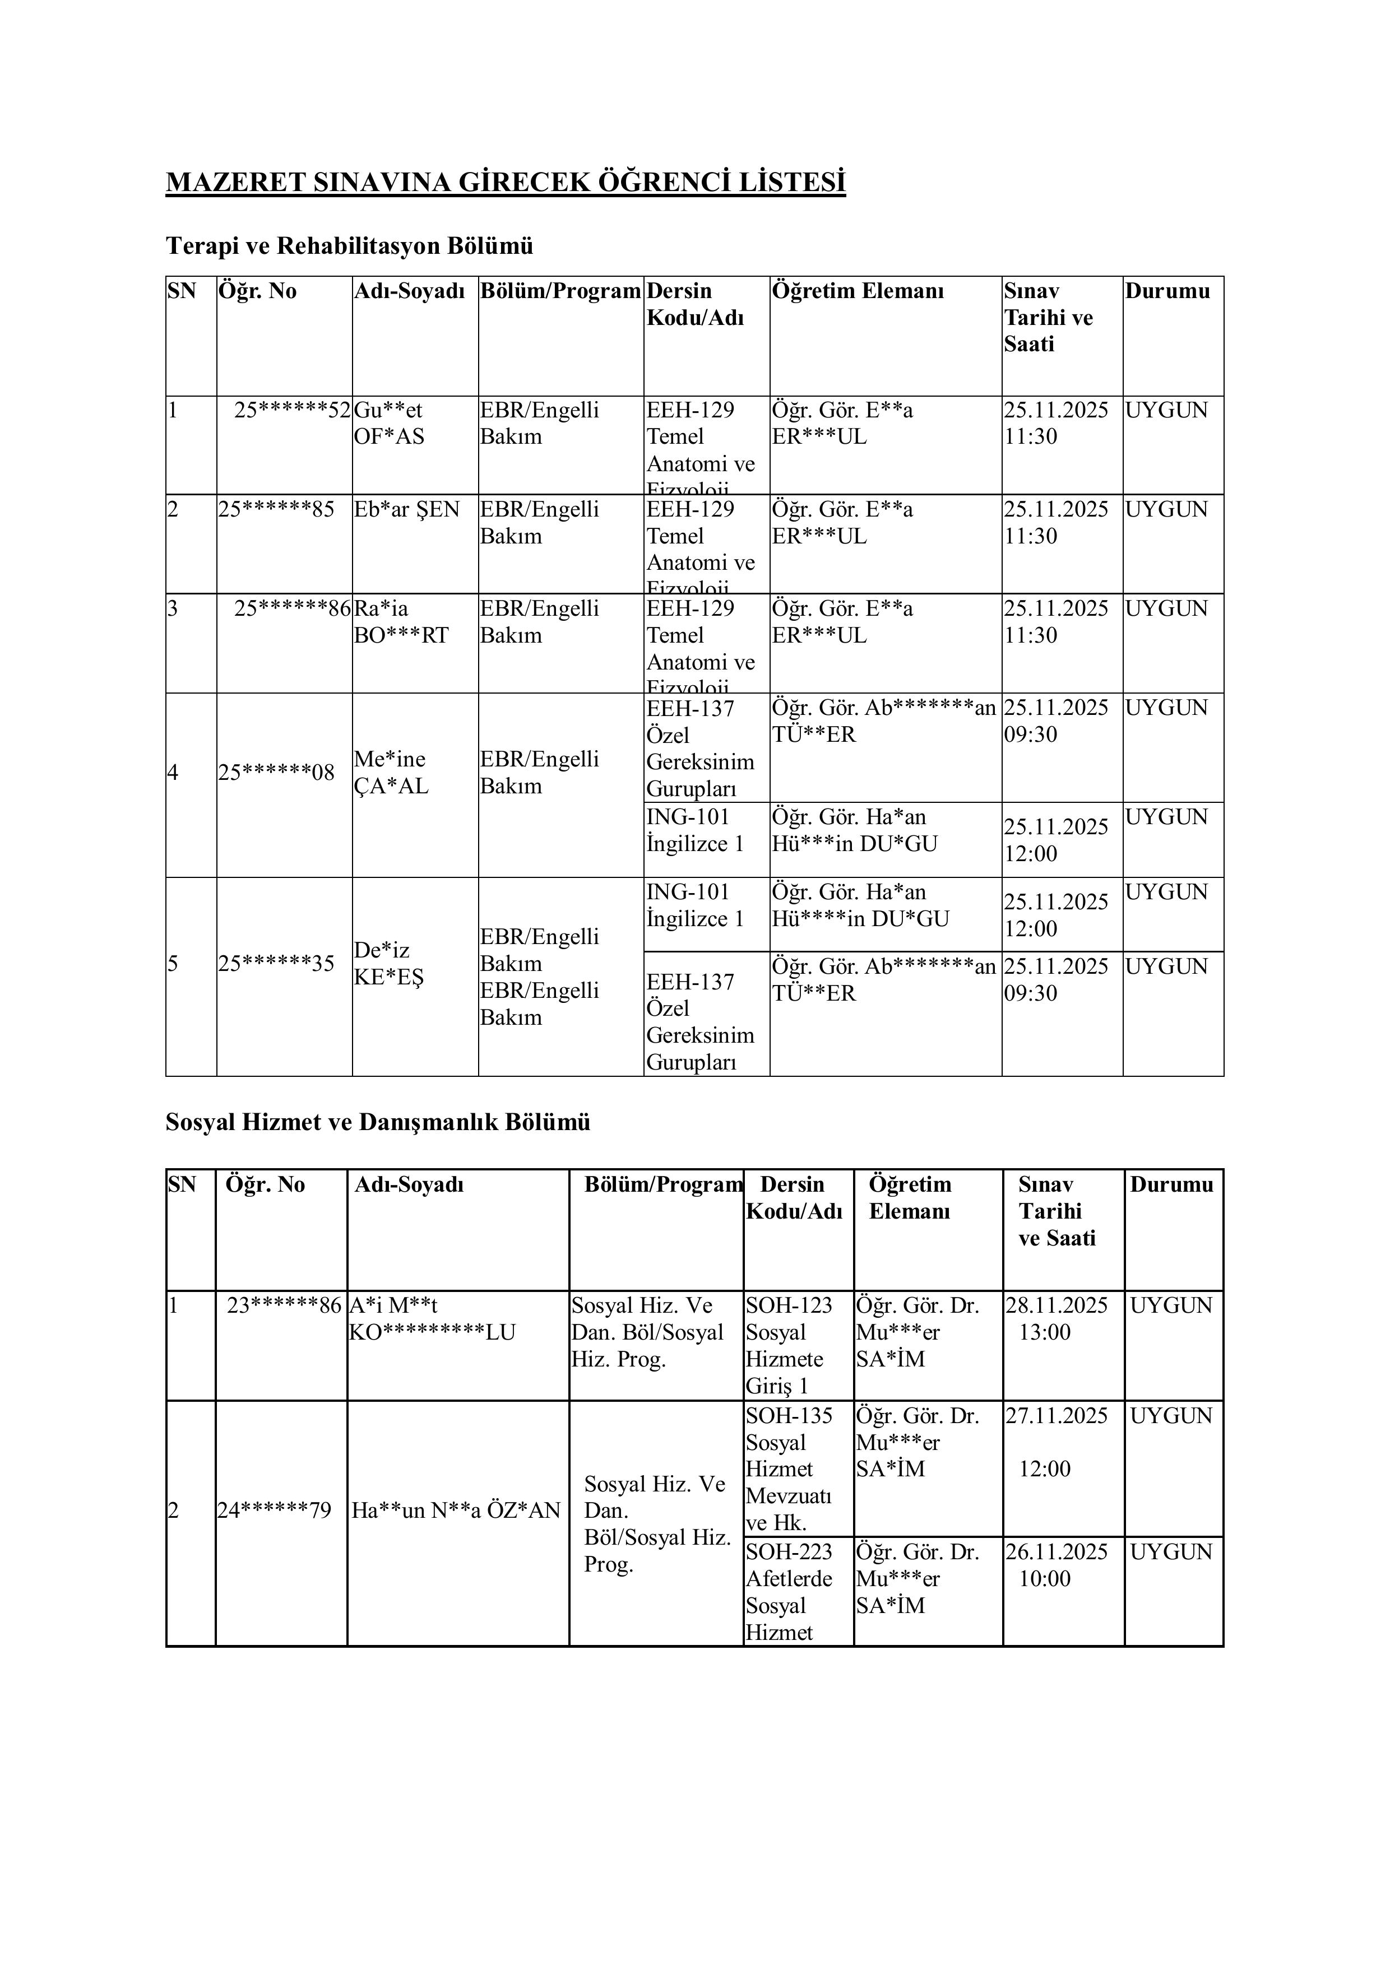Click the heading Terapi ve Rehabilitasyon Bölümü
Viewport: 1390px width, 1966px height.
(x=349, y=246)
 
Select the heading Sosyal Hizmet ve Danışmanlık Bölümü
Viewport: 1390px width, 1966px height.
(x=378, y=1122)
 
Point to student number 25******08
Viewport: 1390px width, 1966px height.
(x=276, y=773)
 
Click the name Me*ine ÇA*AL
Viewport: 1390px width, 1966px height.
(x=391, y=773)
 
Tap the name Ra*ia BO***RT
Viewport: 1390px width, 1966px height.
(x=401, y=622)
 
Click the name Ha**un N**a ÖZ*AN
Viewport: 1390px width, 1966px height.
(x=456, y=1509)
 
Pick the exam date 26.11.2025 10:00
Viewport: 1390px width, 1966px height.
(x=1055, y=1565)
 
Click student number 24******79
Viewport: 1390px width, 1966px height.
(x=274, y=1509)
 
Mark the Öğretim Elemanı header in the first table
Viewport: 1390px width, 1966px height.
(x=858, y=291)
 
